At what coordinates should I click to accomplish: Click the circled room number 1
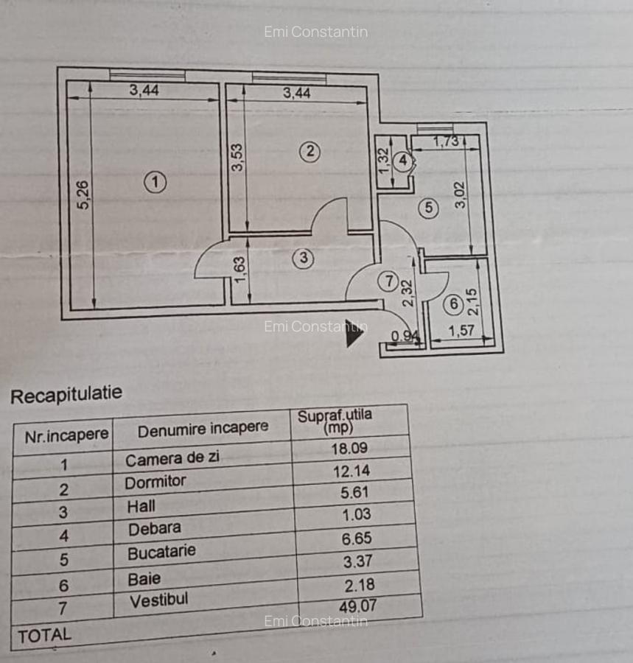coord(155,182)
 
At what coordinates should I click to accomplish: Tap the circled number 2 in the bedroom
coord(310,152)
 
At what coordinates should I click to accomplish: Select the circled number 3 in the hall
coord(303,258)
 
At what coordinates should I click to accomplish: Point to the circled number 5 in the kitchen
coord(430,208)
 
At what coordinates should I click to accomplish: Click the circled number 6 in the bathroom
coord(452,303)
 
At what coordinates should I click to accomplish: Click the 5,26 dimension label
coord(83,195)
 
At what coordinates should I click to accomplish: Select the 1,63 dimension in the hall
coord(242,268)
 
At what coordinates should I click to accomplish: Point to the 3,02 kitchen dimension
coord(461,194)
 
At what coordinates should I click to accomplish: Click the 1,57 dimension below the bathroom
coord(462,331)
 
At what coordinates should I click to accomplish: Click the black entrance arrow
coord(354,333)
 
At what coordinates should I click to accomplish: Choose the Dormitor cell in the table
coord(155,482)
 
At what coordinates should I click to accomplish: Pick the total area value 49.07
coord(357,606)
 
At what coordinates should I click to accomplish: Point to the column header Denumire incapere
coord(203,428)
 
